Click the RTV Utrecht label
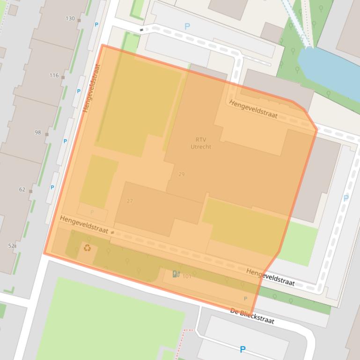[201, 143]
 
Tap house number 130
[70, 19]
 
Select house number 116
[54, 75]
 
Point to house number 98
[38, 132]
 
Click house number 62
[22, 189]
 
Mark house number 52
[11, 245]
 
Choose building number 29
[181, 174]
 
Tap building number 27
[130, 201]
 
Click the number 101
[187, 276]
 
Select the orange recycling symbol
[87, 247]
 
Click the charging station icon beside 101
[176, 274]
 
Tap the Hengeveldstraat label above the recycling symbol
[84, 225]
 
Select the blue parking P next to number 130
[97, 25]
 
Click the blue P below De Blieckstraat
[242, 349]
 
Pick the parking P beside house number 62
[52, 187]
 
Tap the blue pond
[328, 70]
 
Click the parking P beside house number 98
[65, 141]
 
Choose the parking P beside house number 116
[79, 91]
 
